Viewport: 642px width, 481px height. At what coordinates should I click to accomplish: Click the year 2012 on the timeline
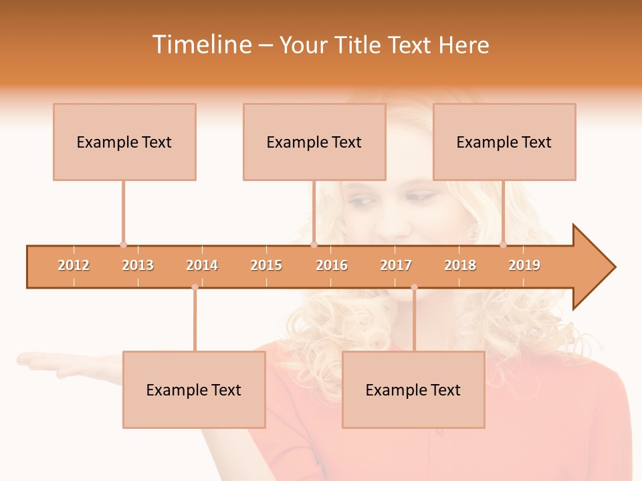(x=74, y=265)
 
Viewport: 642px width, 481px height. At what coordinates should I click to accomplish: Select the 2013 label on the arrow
(x=138, y=265)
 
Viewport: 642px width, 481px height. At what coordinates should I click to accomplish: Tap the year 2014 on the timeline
(x=202, y=265)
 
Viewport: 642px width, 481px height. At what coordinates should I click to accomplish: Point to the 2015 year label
(x=266, y=265)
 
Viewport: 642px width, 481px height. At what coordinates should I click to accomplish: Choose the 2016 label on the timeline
(x=332, y=265)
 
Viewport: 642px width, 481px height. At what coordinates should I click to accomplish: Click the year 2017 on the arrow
(x=396, y=265)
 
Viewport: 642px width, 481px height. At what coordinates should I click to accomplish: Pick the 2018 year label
(x=460, y=265)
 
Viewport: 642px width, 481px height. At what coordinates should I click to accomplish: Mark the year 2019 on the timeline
(x=524, y=265)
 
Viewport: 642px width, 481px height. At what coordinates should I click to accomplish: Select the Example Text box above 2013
(x=124, y=142)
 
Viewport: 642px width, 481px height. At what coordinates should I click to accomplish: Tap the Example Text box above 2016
(x=314, y=142)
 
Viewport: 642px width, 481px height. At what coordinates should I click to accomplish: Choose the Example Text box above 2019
(x=504, y=142)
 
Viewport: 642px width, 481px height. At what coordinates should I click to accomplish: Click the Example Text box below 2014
(x=194, y=389)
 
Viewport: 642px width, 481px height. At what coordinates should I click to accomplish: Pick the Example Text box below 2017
(x=413, y=389)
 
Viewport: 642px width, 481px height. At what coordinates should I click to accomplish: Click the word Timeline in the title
(x=201, y=45)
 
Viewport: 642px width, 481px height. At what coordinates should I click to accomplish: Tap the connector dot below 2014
(x=195, y=287)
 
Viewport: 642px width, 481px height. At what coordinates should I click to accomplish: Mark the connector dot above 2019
(x=504, y=245)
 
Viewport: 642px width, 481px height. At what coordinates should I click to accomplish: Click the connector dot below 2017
(x=414, y=287)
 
